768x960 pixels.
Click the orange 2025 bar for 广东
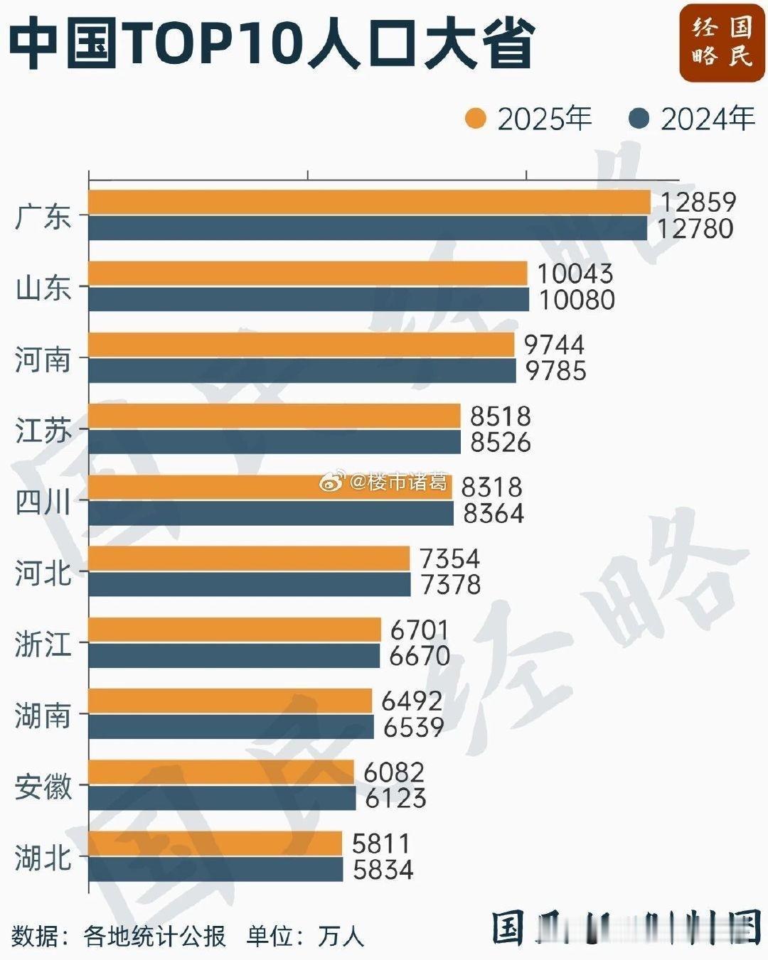coord(369,203)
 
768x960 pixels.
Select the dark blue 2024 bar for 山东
coord(309,300)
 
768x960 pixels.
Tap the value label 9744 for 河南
coord(554,345)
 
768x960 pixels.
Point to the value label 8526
coord(501,443)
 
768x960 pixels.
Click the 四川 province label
coord(43,502)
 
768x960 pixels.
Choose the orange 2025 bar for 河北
coord(249,559)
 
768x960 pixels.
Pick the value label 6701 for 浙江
coord(420,630)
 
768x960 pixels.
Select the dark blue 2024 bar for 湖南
coord(231,727)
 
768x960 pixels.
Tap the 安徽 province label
coord(43,787)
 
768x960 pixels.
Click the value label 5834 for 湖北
coord(383,870)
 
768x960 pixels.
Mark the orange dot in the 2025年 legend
coord(475,119)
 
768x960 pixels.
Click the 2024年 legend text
coord(708,119)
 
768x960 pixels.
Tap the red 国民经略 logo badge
coord(721,42)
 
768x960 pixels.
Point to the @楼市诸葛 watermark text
coord(399,482)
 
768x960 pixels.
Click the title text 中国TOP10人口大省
coord(271,44)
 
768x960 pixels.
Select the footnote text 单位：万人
coord(305,936)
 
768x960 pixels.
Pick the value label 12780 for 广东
coord(695,229)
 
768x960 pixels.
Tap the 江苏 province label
coord(43,431)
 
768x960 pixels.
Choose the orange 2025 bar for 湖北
coord(215,843)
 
